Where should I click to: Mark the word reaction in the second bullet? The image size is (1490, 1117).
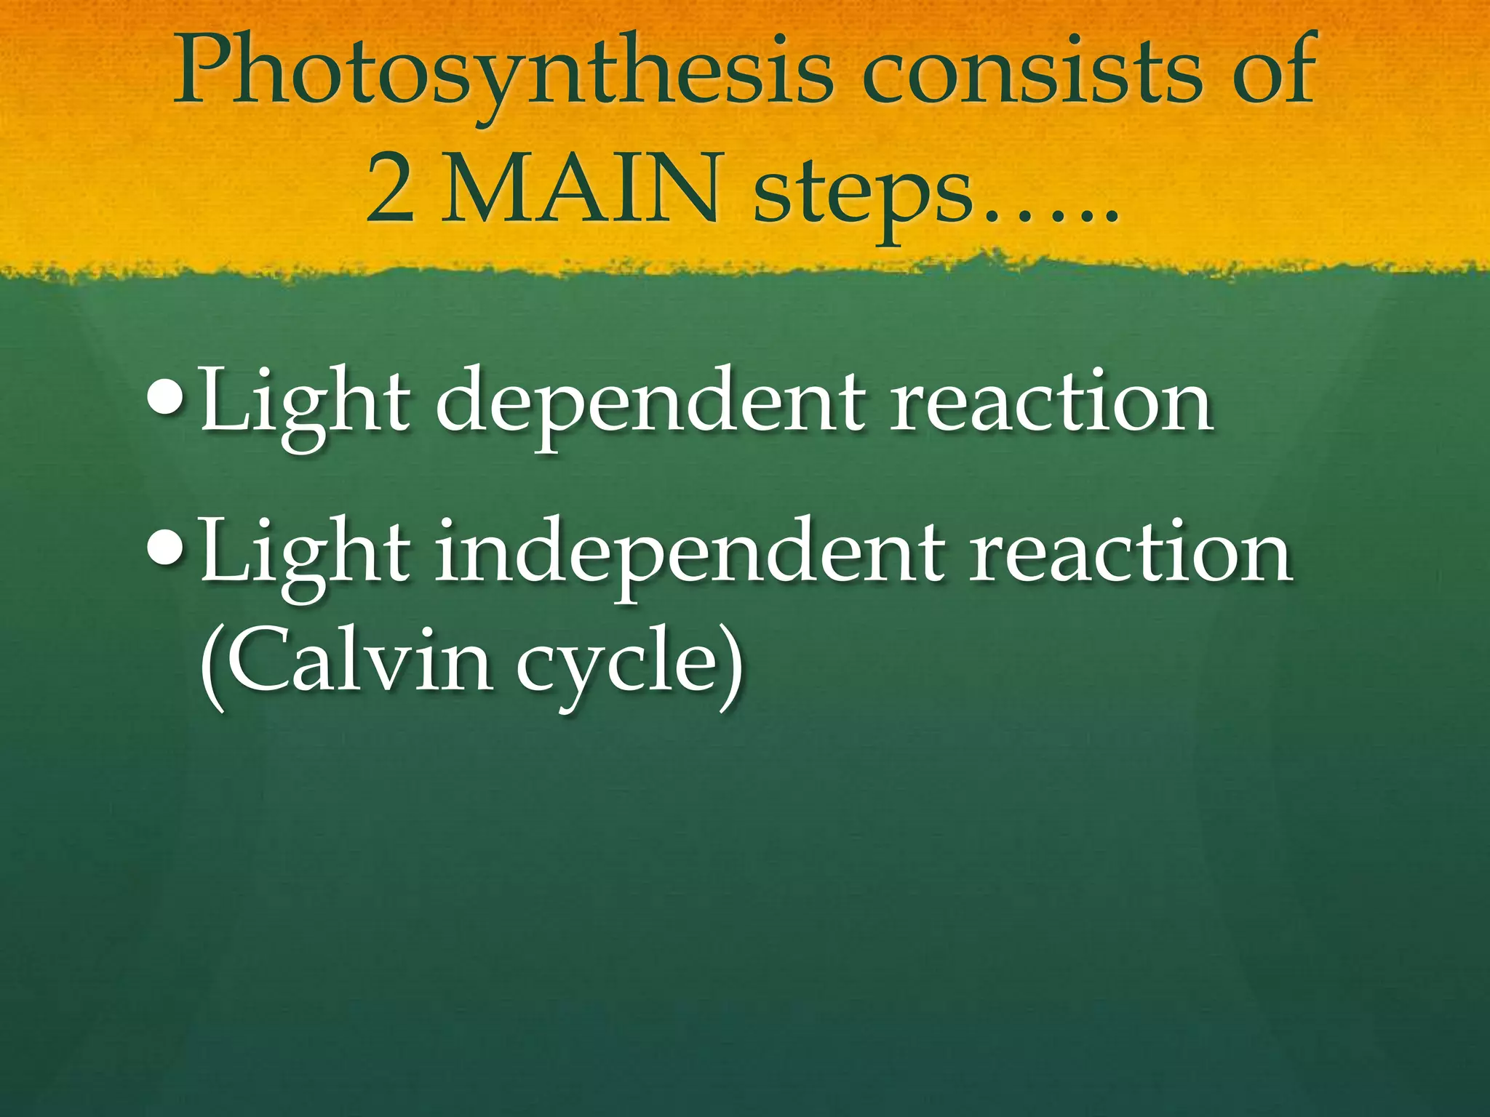coord(1132,553)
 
